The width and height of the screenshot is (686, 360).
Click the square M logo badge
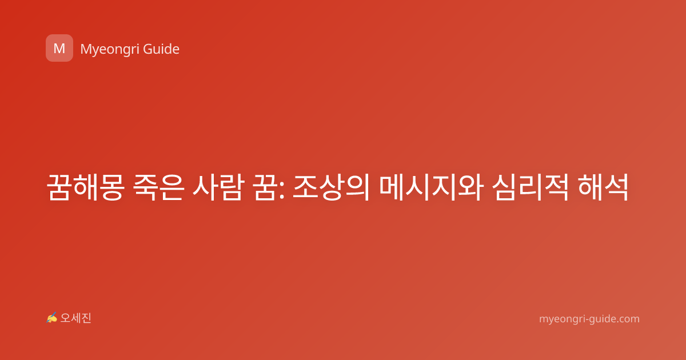(x=59, y=48)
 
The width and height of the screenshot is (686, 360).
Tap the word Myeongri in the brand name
(x=109, y=50)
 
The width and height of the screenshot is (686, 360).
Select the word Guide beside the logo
(x=161, y=49)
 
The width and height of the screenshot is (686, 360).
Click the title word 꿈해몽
(x=85, y=187)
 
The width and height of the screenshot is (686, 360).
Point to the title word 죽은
(x=159, y=187)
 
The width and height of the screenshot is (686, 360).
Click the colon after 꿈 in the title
(x=282, y=190)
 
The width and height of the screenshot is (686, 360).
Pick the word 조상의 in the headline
(x=332, y=187)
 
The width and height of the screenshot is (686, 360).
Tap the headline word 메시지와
(x=431, y=187)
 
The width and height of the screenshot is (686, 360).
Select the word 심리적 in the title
(x=530, y=187)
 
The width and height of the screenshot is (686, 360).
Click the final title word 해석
(x=603, y=187)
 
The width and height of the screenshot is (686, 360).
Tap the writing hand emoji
(x=52, y=318)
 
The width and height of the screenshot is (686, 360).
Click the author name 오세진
(x=75, y=318)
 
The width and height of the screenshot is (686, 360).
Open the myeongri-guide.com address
(x=589, y=319)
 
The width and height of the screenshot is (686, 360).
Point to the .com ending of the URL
(x=628, y=319)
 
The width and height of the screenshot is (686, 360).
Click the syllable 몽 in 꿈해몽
(x=112, y=187)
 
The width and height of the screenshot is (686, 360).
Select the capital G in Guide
(x=148, y=49)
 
